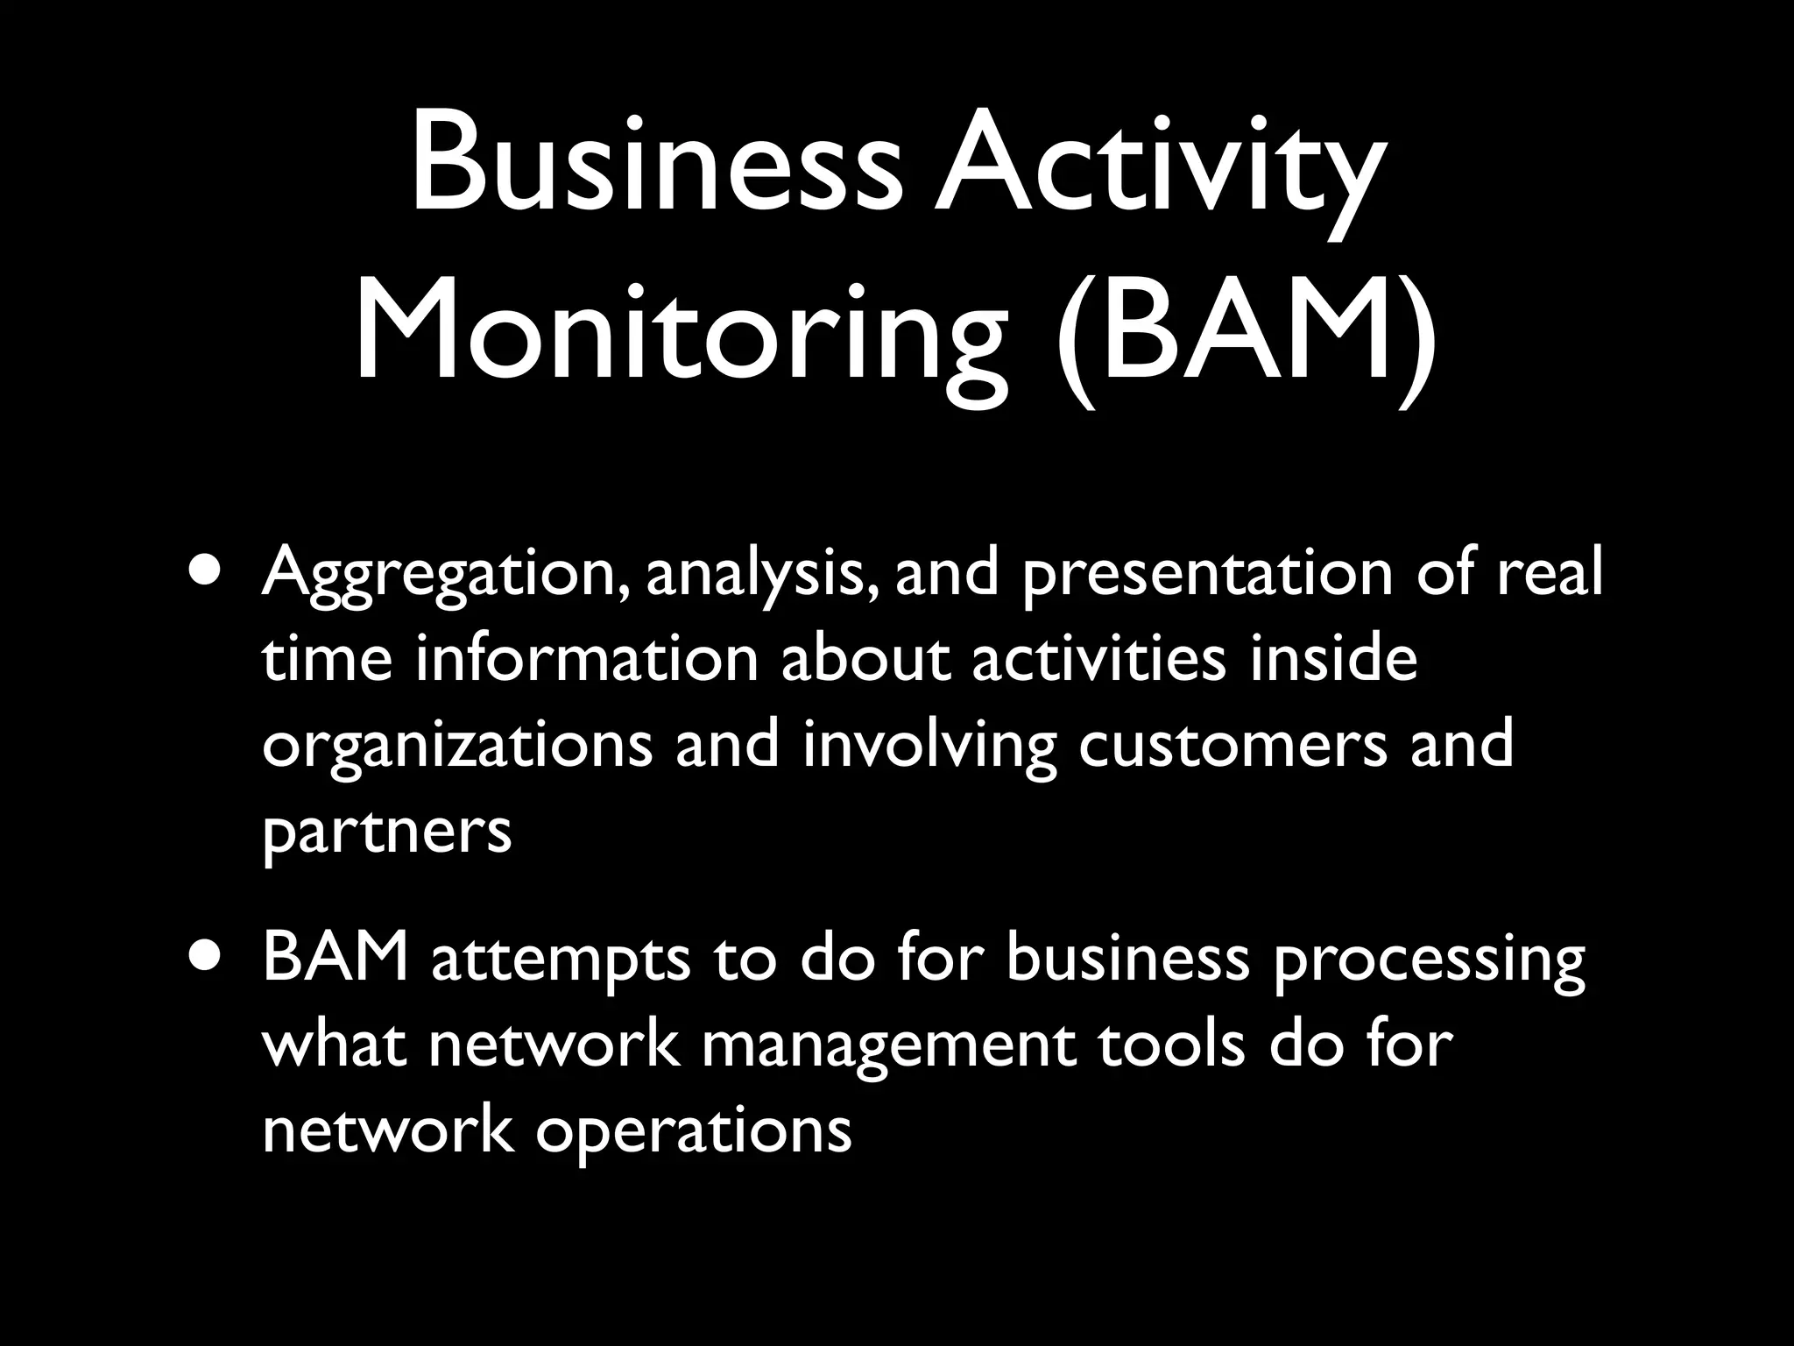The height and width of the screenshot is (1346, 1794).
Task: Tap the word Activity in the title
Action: (x=1158, y=164)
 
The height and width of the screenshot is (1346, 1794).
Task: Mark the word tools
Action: (x=1171, y=1045)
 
